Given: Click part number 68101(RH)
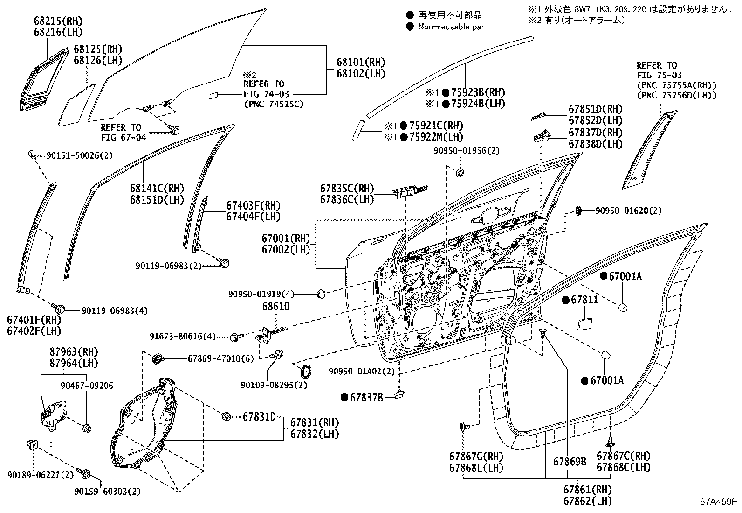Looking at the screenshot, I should pyautogui.click(x=361, y=62).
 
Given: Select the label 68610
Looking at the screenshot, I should pyautogui.click(x=275, y=307).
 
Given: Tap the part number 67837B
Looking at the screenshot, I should pyautogui.click(x=366, y=397).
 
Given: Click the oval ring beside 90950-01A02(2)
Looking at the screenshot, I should pyautogui.click(x=306, y=372).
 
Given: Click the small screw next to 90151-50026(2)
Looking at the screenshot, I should pyautogui.click(x=32, y=155).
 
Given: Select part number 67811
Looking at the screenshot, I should pyautogui.click(x=584, y=300).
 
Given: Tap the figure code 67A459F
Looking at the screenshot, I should pyautogui.click(x=717, y=502).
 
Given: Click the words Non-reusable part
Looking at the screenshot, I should pyautogui.click(x=453, y=27).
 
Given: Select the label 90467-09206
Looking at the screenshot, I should pyautogui.click(x=87, y=386).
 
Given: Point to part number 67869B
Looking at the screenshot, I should pyautogui.click(x=570, y=462).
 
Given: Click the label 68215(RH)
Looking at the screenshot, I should pyautogui.click(x=58, y=21).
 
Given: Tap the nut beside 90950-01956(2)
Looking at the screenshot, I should pyautogui.click(x=460, y=173).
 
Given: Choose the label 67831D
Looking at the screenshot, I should pyautogui.click(x=259, y=416).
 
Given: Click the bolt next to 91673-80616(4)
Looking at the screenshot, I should pyautogui.click(x=236, y=336).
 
